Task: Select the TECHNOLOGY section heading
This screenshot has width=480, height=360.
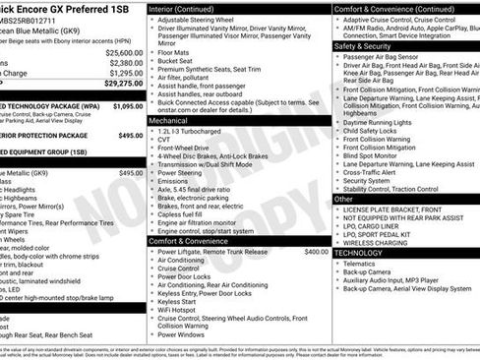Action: coord(358,253)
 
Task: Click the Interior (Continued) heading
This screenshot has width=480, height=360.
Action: coord(190,8)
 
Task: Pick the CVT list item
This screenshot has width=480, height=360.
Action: coord(165,139)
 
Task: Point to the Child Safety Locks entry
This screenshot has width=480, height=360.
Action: coord(376,129)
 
